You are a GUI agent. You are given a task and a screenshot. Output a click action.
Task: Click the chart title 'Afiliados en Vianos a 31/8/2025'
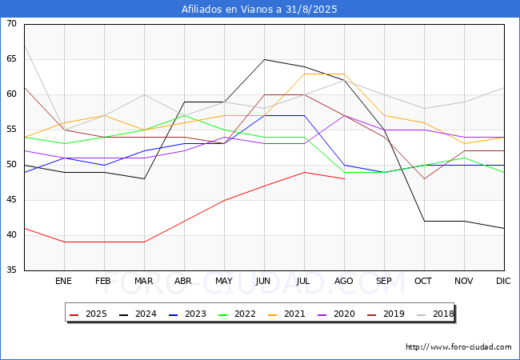[x=259, y=9]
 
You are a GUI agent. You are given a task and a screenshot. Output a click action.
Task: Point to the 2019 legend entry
[x=382, y=314]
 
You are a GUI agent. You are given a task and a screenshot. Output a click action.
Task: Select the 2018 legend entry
[x=430, y=314]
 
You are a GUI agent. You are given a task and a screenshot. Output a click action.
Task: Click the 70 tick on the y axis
[x=11, y=24]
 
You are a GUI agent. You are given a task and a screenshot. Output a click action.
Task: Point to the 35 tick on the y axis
[x=11, y=270]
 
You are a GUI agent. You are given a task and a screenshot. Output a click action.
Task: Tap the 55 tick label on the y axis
[x=11, y=130]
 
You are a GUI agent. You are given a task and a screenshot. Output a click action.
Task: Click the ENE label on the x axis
[x=64, y=282]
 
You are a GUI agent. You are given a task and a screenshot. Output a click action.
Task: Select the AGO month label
[x=344, y=282]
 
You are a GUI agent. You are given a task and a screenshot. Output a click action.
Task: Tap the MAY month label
[x=224, y=282]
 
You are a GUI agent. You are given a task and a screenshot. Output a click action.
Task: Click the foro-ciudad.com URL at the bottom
[x=458, y=347]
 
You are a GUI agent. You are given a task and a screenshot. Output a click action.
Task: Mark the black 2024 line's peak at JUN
[x=264, y=59]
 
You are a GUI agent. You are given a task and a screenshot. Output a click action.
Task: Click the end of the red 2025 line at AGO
[x=344, y=178]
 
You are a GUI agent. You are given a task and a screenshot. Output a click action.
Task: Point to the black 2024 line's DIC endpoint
[x=504, y=228]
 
